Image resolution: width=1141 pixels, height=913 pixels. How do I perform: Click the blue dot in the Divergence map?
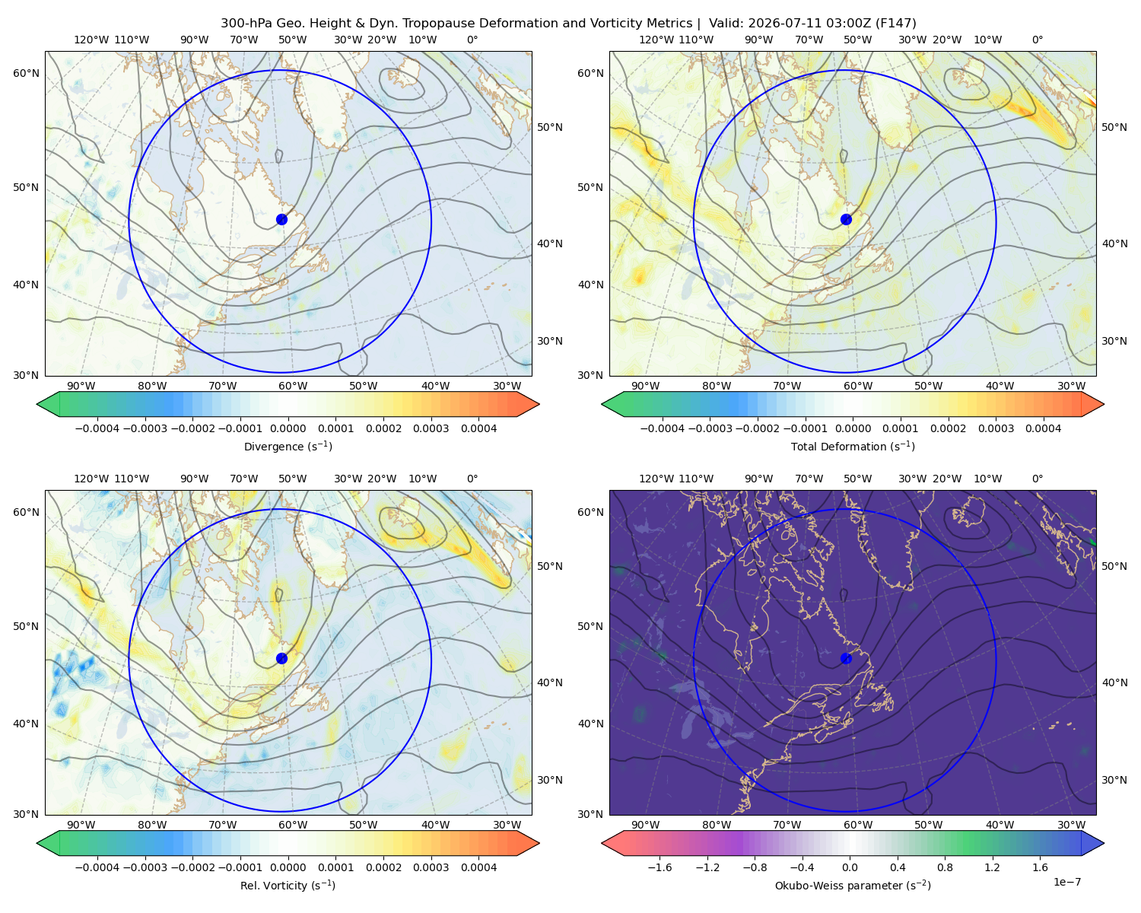281,219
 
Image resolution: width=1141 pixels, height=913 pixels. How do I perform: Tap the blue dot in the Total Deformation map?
846,219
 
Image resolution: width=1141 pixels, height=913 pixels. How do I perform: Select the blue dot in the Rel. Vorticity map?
281,658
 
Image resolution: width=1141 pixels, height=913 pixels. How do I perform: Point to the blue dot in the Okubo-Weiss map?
846,658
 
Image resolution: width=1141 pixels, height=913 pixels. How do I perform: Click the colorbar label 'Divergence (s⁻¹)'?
288,446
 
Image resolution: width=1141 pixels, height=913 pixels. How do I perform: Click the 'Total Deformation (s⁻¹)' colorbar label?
853,446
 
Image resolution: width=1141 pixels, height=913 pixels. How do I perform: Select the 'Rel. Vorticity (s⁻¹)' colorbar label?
288,885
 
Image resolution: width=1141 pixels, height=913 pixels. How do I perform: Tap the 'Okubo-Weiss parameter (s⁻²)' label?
853,885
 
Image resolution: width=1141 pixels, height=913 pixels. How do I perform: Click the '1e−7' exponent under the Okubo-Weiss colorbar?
1066,882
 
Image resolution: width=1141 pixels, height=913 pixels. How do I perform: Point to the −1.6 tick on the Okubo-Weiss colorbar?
659,867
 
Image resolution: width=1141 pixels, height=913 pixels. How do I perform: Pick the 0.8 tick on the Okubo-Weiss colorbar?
945,867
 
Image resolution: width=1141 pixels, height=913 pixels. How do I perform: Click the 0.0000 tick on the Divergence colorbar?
288,428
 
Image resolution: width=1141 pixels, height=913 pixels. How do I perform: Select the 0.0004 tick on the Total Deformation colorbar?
1043,428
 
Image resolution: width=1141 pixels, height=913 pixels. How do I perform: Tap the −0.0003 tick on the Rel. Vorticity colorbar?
145,867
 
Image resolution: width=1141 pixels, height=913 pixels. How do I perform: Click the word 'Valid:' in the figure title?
726,24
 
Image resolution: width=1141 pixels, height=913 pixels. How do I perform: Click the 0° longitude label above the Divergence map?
472,40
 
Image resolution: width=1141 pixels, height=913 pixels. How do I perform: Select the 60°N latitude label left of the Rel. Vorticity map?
26,512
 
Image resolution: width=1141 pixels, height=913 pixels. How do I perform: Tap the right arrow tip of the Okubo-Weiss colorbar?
1104,843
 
